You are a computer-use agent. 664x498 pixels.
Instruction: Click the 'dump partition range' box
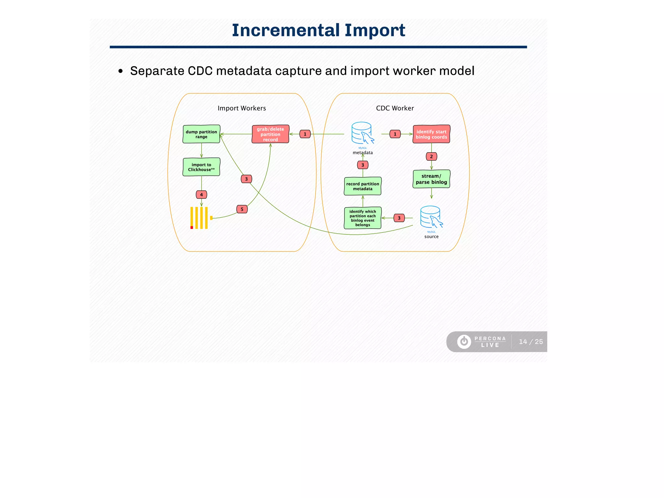[201, 134]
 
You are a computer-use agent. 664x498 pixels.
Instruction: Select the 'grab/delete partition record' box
[270, 134]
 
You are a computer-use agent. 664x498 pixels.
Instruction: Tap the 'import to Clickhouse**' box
[201, 167]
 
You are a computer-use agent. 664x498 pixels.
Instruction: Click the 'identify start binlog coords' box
[431, 134]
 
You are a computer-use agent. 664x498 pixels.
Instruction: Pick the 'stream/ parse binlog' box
[431, 179]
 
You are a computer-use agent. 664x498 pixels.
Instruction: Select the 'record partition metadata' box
[362, 186]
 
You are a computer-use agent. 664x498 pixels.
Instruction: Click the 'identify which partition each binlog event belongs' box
[362, 218]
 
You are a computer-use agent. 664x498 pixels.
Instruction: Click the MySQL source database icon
[431, 217]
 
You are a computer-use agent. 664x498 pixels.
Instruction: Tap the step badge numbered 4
[201, 195]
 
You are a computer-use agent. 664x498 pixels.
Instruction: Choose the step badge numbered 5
[242, 209]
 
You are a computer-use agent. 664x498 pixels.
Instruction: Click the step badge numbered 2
[431, 157]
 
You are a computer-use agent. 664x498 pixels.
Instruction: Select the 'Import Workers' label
[242, 108]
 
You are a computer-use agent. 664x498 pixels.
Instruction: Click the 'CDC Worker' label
[395, 108]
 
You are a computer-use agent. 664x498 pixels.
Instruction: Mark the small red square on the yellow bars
[192, 228]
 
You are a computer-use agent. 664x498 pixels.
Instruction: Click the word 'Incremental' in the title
[286, 30]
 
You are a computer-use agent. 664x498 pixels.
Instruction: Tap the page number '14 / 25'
[530, 342]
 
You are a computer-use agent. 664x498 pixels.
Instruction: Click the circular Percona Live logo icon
[464, 342]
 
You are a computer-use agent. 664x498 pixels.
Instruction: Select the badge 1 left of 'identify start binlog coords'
[395, 134]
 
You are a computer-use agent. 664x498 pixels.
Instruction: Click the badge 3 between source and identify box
[399, 218]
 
